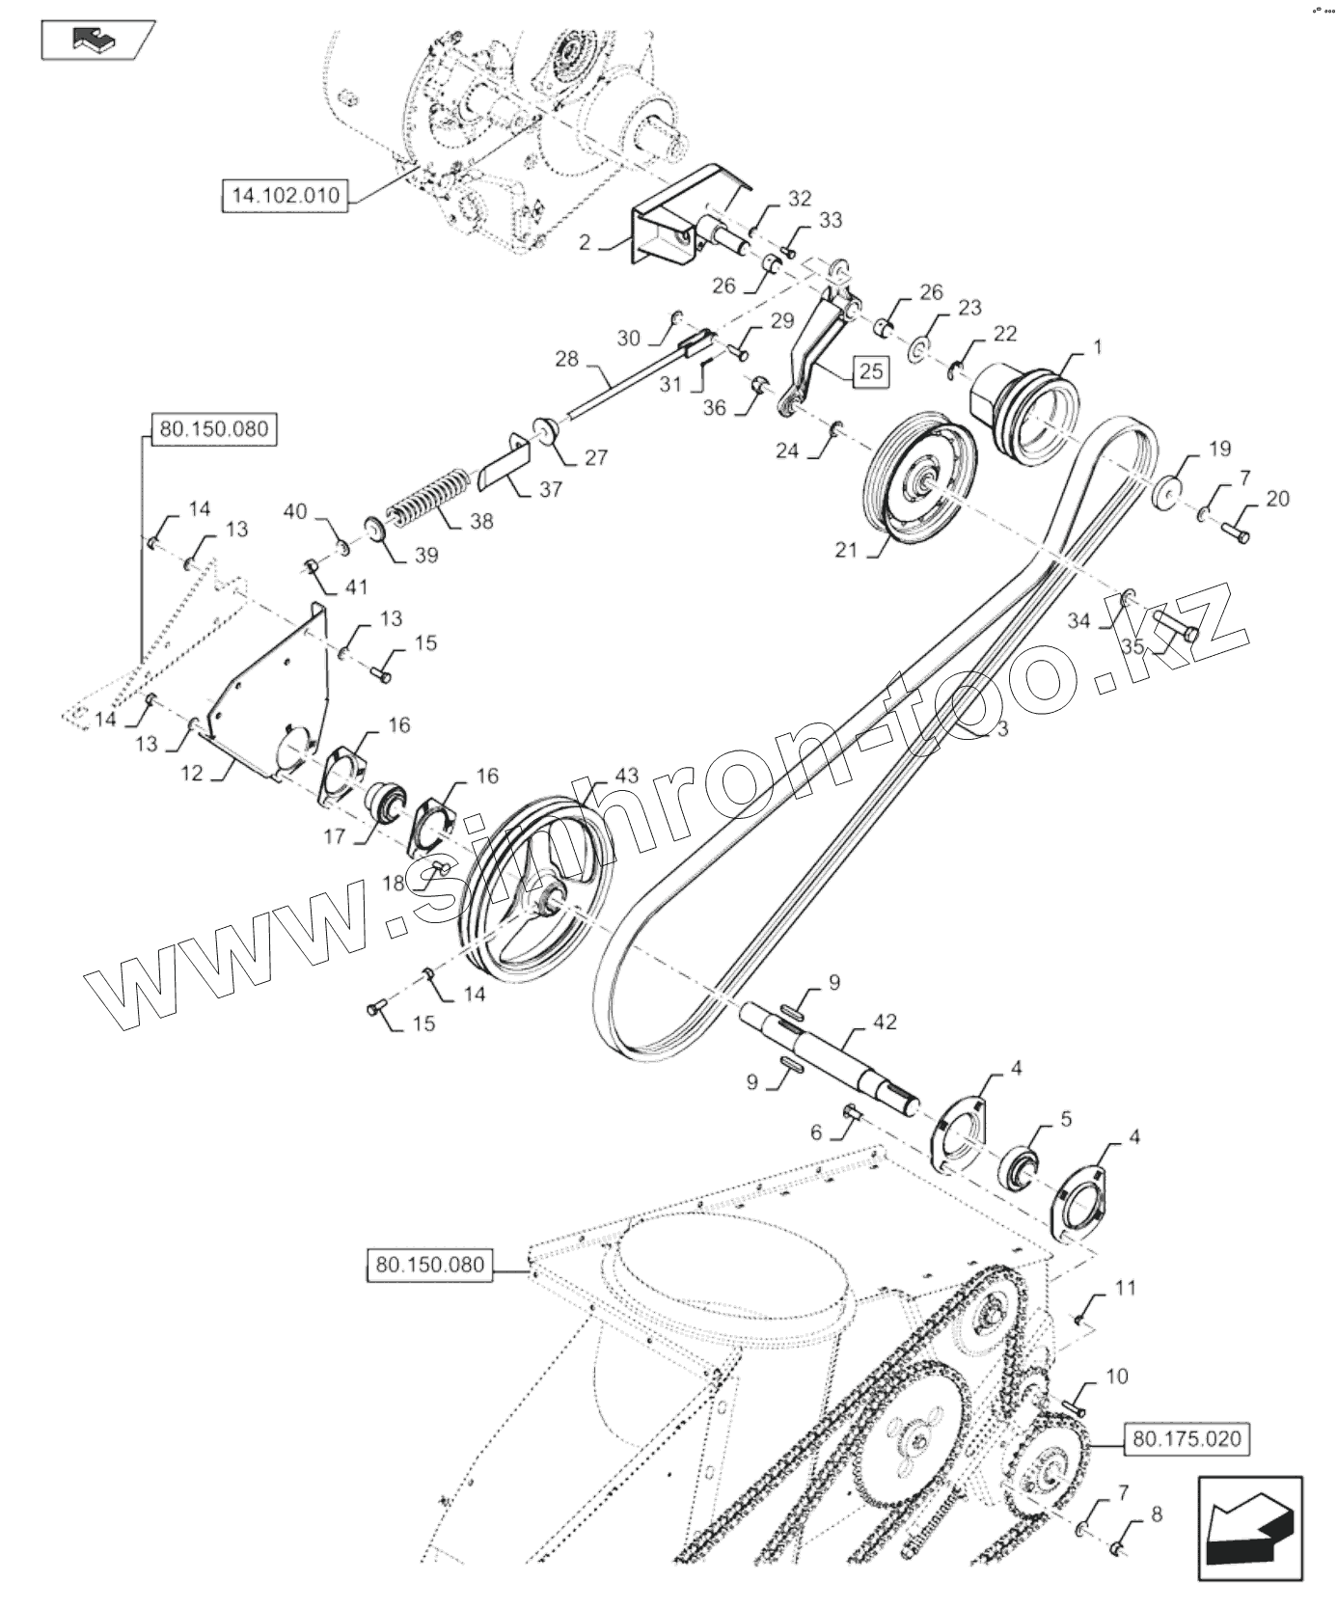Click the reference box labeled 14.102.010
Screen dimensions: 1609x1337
click(x=285, y=196)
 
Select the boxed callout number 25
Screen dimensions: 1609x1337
click(x=870, y=371)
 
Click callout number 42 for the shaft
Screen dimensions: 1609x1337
click(x=885, y=1022)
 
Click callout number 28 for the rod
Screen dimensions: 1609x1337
click(x=566, y=359)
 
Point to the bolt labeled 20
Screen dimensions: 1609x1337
click(x=1238, y=531)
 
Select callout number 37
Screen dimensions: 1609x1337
click(x=550, y=489)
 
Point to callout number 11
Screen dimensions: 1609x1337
click(x=1125, y=1288)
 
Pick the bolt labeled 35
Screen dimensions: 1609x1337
click(x=1175, y=629)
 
